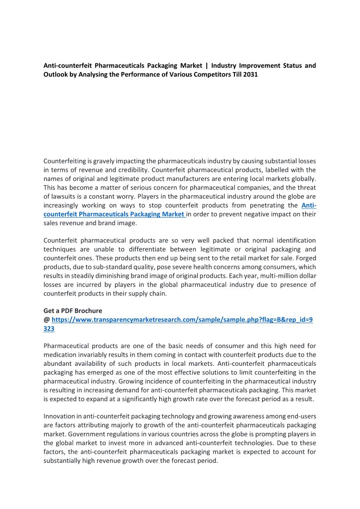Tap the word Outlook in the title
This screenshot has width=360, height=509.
click(x=56, y=74)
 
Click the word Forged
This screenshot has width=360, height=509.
click(x=305, y=258)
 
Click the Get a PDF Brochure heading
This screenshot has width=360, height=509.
click(x=73, y=311)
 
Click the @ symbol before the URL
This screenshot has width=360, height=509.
click(x=46, y=320)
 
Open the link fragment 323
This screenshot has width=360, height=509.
click(x=49, y=329)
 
